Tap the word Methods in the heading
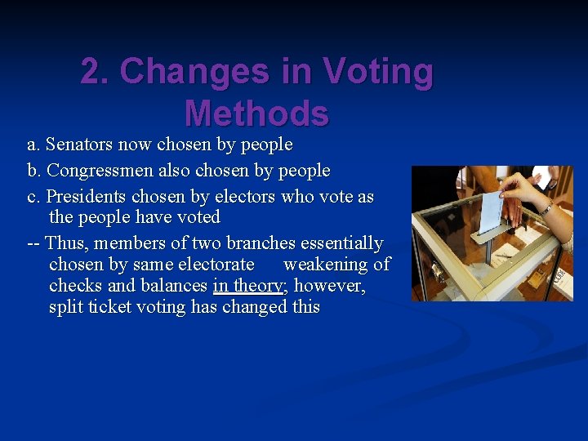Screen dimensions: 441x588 [x=256, y=114]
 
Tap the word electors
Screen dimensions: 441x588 [x=245, y=197]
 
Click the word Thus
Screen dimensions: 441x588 [x=65, y=243]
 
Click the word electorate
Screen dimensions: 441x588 [x=216, y=265]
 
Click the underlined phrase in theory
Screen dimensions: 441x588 [x=247, y=286]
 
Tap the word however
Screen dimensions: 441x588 [x=330, y=286]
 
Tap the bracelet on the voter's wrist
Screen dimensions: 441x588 [x=545, y=208]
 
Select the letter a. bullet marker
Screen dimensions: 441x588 [x=33, y=145]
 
